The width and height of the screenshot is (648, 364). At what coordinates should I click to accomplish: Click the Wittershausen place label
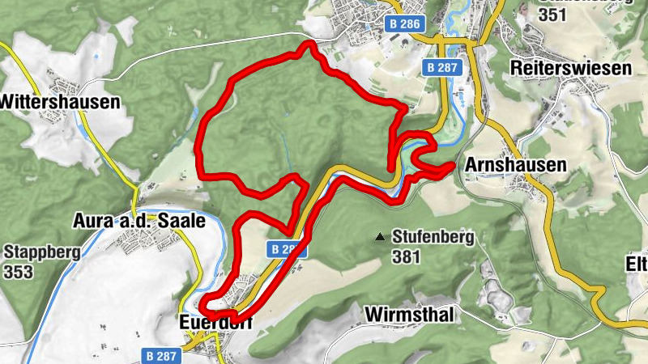[x=61, y=102]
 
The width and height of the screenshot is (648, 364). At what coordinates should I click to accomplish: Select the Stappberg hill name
[x=42, y=252]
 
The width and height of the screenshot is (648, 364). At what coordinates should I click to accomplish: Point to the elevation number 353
[x=19, y=271]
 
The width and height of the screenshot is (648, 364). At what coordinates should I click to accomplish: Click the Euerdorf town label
[x=215, y=322]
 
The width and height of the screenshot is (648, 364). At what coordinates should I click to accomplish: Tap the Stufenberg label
[x=433, y=238]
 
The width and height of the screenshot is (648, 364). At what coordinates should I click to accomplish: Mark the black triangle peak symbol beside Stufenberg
[x=379, y=237]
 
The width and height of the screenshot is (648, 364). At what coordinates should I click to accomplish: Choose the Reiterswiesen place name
[x=571, y=68]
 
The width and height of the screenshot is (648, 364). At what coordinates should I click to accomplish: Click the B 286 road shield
[x=404, y=24]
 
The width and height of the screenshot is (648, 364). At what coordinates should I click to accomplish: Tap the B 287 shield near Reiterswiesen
[x=442, y=68]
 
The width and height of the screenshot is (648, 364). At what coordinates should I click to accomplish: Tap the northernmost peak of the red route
[x=307, y=44]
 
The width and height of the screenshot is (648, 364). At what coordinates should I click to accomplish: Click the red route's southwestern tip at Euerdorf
[x=203, y=306]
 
